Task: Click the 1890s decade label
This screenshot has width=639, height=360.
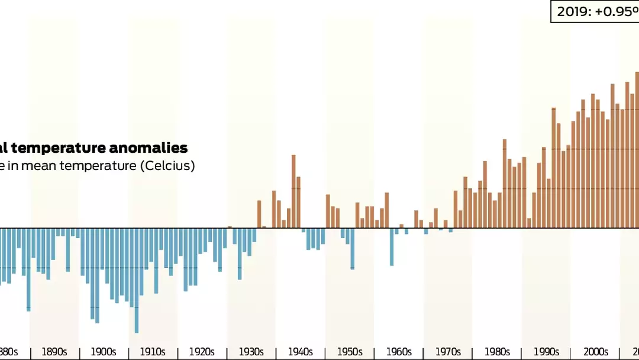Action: pos(54,352)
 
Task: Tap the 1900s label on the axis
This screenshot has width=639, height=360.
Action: pos(104,352)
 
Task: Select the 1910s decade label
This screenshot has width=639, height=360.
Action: pos(153,352)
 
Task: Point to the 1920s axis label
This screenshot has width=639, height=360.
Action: pos(202,352)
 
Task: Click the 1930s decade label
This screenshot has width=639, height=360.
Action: pos(251,352)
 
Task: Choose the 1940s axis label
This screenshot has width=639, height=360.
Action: pos(300,352)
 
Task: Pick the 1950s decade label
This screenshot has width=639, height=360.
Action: pos(349,352)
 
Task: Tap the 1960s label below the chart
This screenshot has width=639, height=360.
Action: pos(398,352)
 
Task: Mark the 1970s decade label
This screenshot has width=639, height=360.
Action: pos(447,352)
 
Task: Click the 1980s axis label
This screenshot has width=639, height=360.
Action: pos(496,352)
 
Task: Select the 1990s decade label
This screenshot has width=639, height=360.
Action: pos(546,352)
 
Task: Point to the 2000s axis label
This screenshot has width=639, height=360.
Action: pos(595,352)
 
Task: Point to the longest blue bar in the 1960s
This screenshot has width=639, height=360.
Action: pos(392,246)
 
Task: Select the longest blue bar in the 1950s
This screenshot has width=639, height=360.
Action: pos(353,248)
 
